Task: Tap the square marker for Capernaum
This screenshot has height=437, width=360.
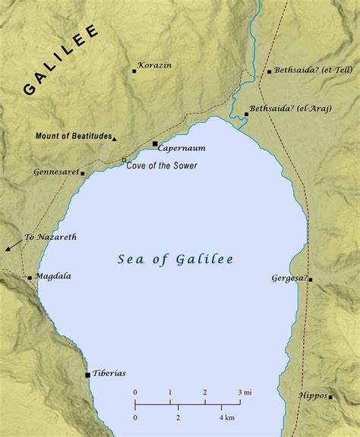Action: tap(155, 143)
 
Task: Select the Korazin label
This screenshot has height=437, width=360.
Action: tap(155, 65)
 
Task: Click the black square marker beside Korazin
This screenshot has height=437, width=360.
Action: tap(134, 71)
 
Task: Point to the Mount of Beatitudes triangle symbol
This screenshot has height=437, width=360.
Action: tap(114, 139)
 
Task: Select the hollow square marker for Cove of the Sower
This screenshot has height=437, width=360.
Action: tap(124, 160)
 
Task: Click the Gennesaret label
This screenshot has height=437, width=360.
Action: tap(56, 172)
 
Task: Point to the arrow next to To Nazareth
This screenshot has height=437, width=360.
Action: tap(11, 246)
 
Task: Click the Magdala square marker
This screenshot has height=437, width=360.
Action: tap(30, 278)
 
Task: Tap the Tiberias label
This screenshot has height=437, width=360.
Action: tap(109, 374)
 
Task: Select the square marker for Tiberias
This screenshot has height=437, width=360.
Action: tap(88, 375)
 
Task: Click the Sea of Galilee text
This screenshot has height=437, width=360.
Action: tap(175, 259)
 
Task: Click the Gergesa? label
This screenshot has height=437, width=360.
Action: tap(289, 278)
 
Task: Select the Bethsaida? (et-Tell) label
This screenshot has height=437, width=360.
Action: tap(308, 71)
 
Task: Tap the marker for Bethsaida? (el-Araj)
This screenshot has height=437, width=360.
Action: tap(246, 115)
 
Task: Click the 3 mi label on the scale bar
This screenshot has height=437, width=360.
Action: tap(245, 391)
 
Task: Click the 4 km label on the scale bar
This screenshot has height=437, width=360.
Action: tap(227, 418)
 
